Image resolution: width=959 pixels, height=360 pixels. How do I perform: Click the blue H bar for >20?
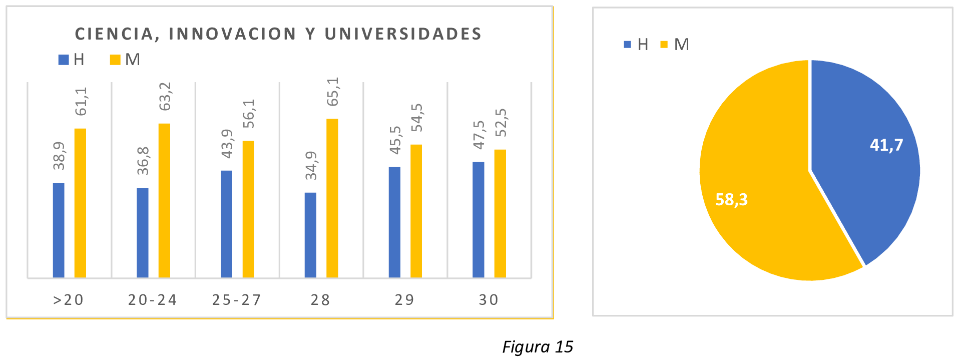point(59,230)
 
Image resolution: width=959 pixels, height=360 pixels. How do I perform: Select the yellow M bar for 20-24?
point(164,200)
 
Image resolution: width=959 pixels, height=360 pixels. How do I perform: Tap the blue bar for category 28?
point(310,235)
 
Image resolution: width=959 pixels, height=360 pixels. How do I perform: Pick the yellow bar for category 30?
point(500,213)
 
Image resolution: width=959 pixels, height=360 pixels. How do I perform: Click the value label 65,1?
point(332,92)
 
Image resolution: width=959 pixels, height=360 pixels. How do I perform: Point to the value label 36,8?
point(143,161)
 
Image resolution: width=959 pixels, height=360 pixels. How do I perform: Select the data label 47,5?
point(479,135)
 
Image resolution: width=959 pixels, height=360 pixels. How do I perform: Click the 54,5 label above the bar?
point(416,118)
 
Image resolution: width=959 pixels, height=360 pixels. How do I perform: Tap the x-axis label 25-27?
point(237,300)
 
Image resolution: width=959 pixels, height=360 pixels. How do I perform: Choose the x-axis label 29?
point(404,300)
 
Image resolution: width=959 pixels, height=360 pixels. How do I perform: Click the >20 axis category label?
point(69,300)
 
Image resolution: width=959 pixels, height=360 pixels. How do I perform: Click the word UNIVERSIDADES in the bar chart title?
point(403,34)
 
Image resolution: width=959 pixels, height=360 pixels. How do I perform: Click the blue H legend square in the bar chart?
point(64,60)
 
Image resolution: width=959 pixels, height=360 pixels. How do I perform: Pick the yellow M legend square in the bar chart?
point(115,60)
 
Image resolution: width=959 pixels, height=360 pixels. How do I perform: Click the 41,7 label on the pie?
point(886,145)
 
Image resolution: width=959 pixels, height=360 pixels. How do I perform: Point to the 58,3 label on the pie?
point(731,199)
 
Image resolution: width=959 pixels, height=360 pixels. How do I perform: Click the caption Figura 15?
point(538,346)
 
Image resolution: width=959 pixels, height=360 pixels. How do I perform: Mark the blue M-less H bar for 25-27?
point(226,224)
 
